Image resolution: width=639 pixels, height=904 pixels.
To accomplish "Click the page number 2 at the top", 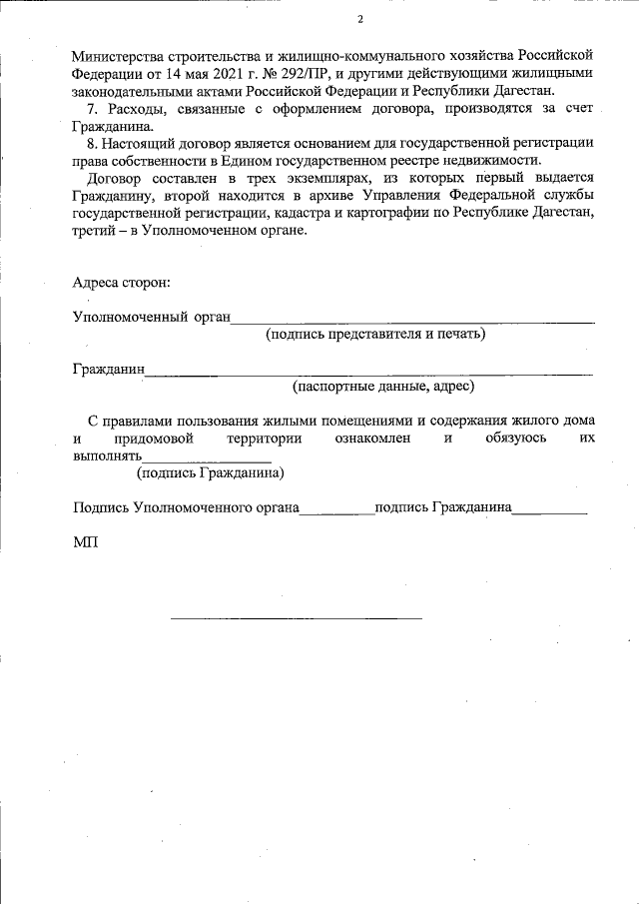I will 360,20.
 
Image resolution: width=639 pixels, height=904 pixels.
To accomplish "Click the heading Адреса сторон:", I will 121,283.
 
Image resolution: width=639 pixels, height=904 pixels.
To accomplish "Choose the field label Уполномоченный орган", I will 151,318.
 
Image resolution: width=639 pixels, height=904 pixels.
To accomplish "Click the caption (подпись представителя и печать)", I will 374,334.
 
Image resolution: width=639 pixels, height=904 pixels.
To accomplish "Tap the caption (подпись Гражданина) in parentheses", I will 210,472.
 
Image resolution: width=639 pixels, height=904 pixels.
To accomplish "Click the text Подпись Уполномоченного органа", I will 186,507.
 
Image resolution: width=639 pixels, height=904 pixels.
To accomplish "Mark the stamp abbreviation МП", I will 85,542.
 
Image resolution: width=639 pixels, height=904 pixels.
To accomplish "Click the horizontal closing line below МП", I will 296,617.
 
